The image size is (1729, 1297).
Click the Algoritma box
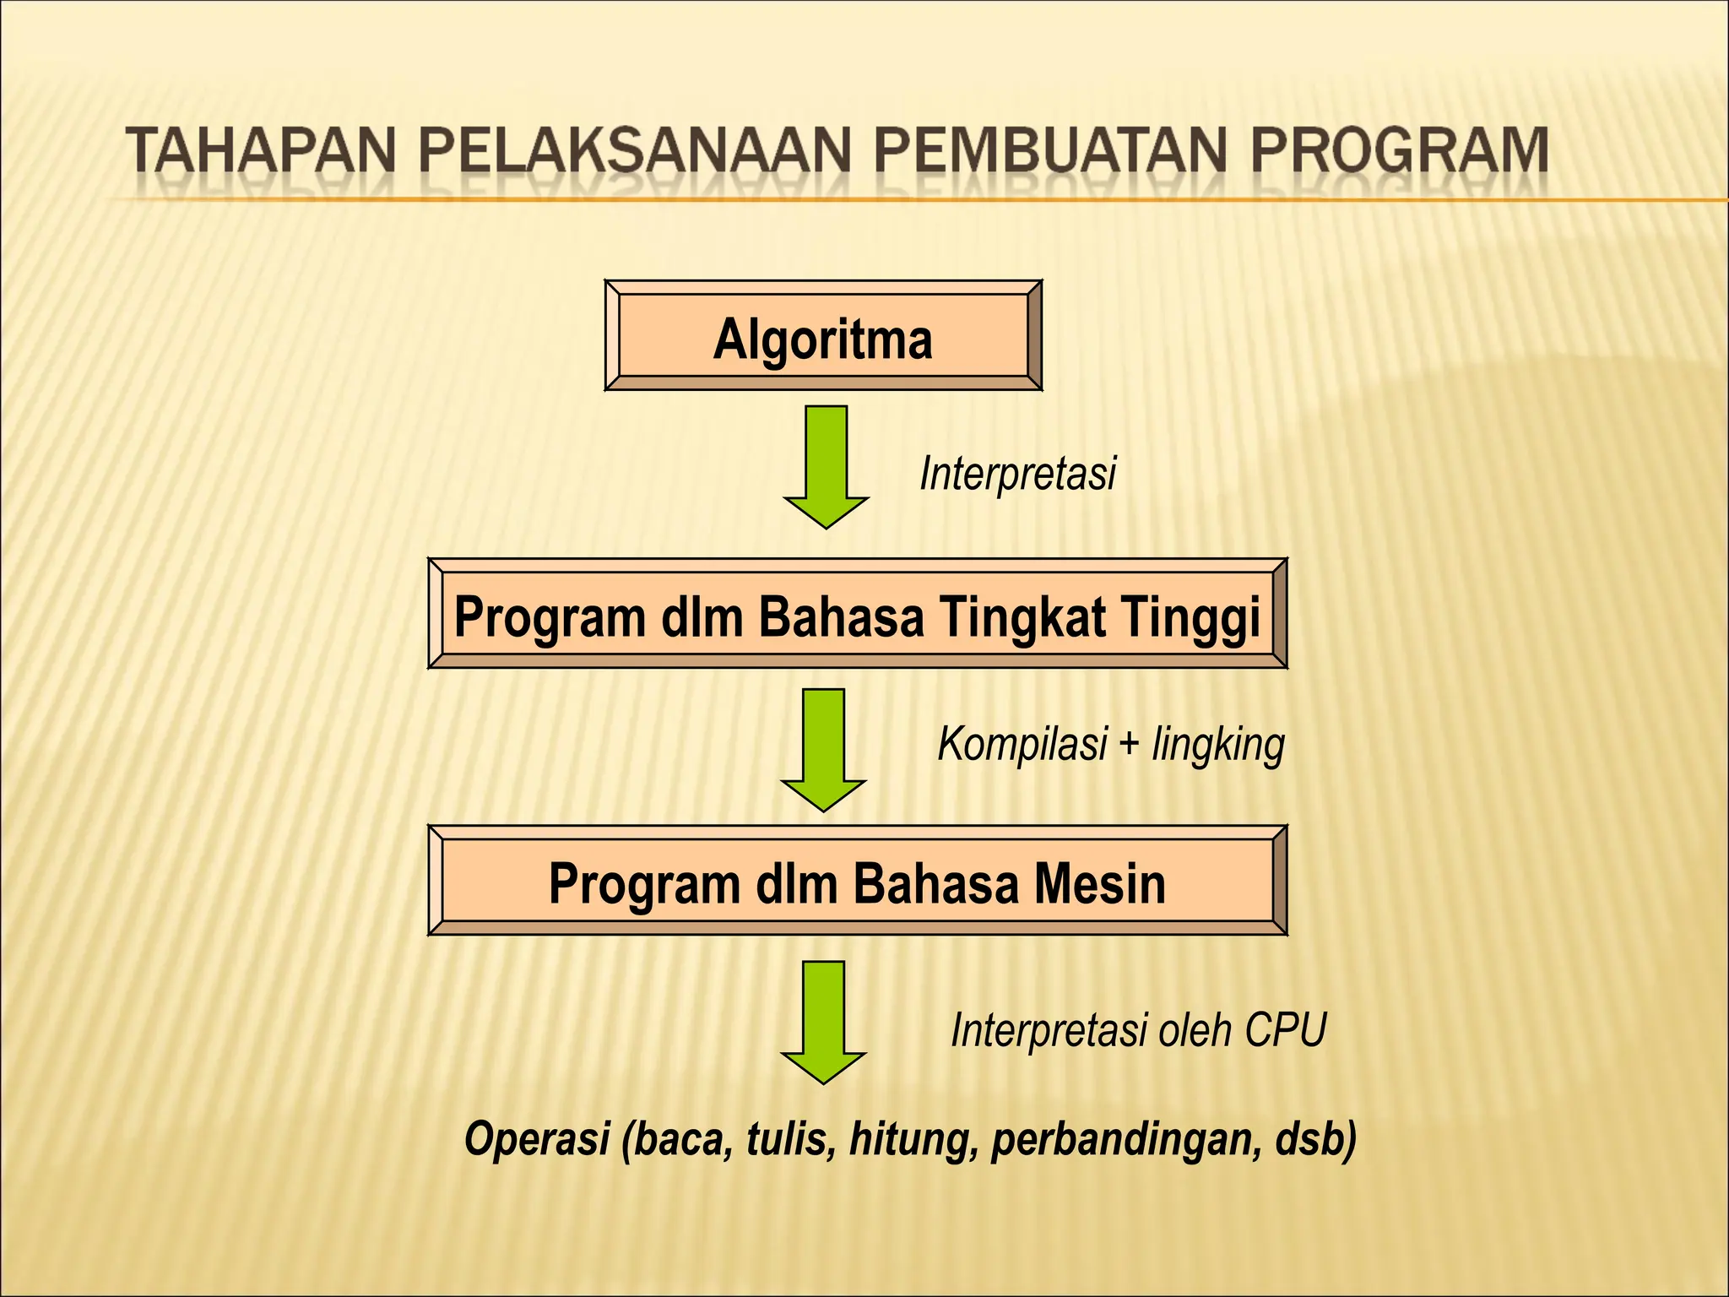pos(823,336)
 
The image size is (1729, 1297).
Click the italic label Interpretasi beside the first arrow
pos(1017,472)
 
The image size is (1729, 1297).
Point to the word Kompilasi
pos(1022,745)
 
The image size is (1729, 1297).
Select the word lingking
pos(1218,746)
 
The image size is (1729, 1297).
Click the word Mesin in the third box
pos(1100,883)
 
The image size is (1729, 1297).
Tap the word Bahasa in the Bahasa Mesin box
pos(935,883)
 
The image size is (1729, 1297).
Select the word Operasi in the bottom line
pos(538,1138)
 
